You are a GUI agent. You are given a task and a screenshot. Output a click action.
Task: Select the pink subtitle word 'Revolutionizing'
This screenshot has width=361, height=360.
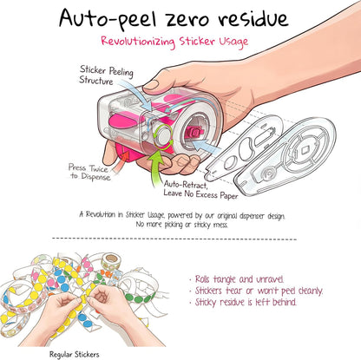tap(138, 42)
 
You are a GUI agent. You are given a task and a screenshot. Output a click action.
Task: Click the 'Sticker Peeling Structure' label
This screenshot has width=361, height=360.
tap(106, 75)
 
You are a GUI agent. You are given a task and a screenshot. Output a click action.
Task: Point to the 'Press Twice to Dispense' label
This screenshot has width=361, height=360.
tap(89, 173)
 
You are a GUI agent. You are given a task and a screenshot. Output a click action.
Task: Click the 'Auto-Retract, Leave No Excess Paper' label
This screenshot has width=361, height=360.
tap(200, 190)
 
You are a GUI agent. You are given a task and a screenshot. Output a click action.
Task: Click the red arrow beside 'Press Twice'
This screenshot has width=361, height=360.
tap(121, 163)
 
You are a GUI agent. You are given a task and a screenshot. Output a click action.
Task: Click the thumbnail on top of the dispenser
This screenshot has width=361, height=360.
tap(151, 85)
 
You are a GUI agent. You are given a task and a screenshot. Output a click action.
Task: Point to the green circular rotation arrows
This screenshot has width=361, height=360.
tap(163, 136)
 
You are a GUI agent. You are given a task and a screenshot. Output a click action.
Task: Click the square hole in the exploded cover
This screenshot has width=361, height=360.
tap(305, 150)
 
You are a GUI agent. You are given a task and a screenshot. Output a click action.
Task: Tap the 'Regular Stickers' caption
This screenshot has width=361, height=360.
tap(75, 355)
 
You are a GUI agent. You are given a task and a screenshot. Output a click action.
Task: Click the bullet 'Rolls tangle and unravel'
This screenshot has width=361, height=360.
tap(236, 279)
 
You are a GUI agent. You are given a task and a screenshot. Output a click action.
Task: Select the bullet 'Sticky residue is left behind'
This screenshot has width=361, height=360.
tap(243, 302)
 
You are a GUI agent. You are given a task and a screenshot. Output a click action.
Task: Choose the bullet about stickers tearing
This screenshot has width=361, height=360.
tap(256, 291)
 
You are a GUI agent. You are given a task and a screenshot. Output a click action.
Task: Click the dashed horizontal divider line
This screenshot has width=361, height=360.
tap(174, 239)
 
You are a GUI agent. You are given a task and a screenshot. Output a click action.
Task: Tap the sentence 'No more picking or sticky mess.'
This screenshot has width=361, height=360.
tap(182, 225)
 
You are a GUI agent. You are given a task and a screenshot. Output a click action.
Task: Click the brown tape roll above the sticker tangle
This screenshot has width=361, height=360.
tap(111, 260)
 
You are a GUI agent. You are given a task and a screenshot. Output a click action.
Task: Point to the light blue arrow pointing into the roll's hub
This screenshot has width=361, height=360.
tap(206, 146)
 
